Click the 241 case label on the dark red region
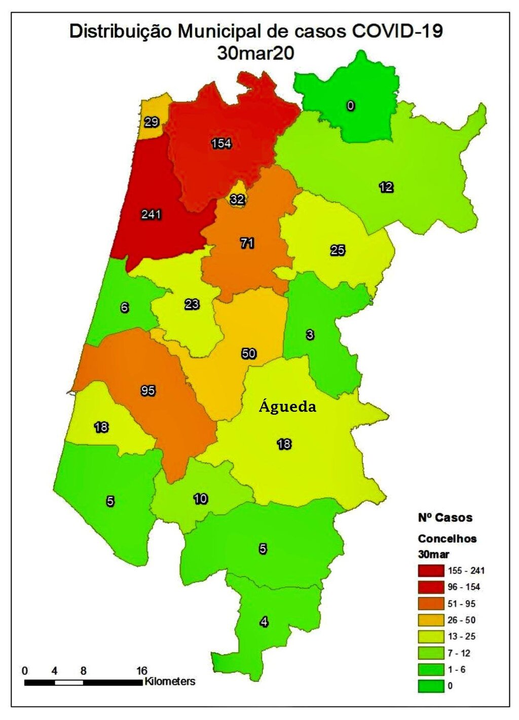(151, 214)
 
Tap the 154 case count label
(221, 143)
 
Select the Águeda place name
(287, 406)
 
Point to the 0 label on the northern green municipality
(350, 105)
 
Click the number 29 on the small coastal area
(152, 122)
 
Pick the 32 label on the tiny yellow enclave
(237, 199)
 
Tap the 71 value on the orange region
(247, 243)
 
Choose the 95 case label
(148, 391)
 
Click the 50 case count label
(248, 353)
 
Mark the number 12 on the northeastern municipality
(386, 187)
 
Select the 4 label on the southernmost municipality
(264, 622)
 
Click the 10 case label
(201, 499)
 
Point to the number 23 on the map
(192, 305)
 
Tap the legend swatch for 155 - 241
(431, 571)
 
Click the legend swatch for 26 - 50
(431, 620)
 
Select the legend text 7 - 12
(459, 653)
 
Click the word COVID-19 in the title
(397, 31)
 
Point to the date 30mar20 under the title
(255, 53)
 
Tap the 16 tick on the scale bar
(141, 671)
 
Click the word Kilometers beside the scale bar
(170, 681)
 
